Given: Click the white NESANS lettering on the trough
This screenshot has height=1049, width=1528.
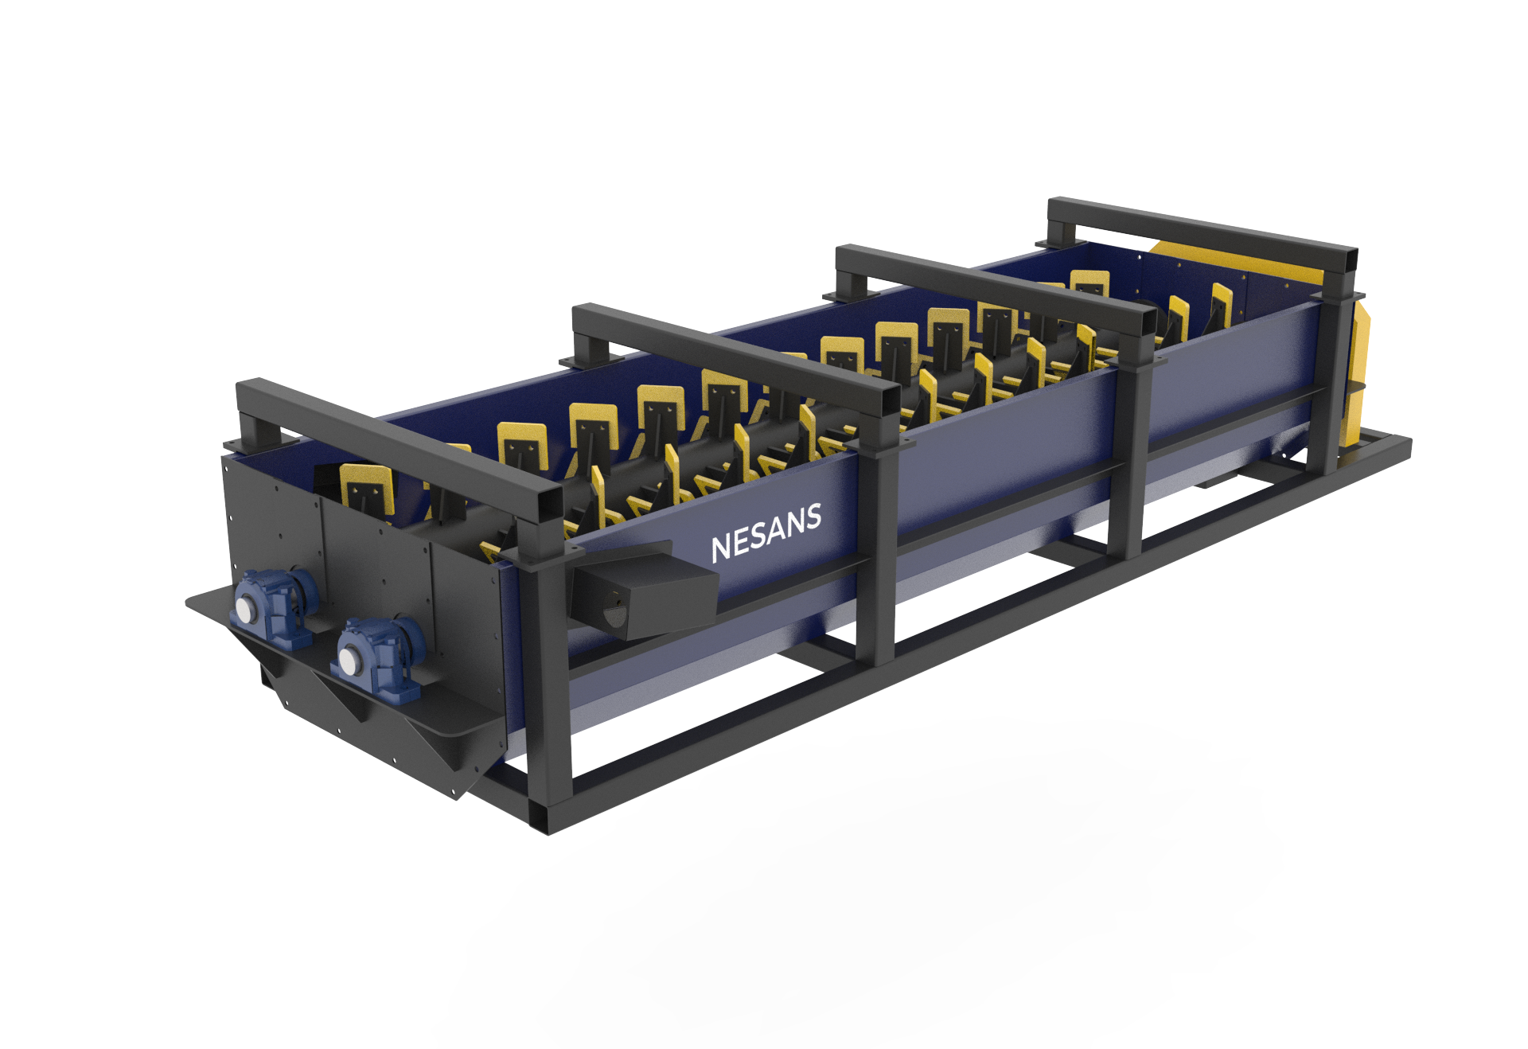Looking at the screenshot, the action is [766, 533].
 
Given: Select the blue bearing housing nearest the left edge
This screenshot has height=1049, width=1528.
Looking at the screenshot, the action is [273, 605].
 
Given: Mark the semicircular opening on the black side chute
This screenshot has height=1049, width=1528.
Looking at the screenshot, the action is [612, 613].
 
